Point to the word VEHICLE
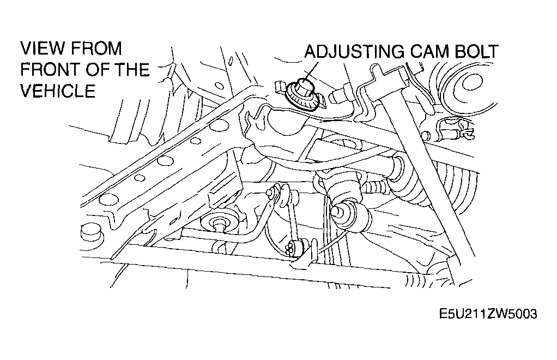coord(58,91)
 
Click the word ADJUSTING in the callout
coord(354,51)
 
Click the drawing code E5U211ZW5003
coord(488,314)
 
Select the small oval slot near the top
coord(231,61)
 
